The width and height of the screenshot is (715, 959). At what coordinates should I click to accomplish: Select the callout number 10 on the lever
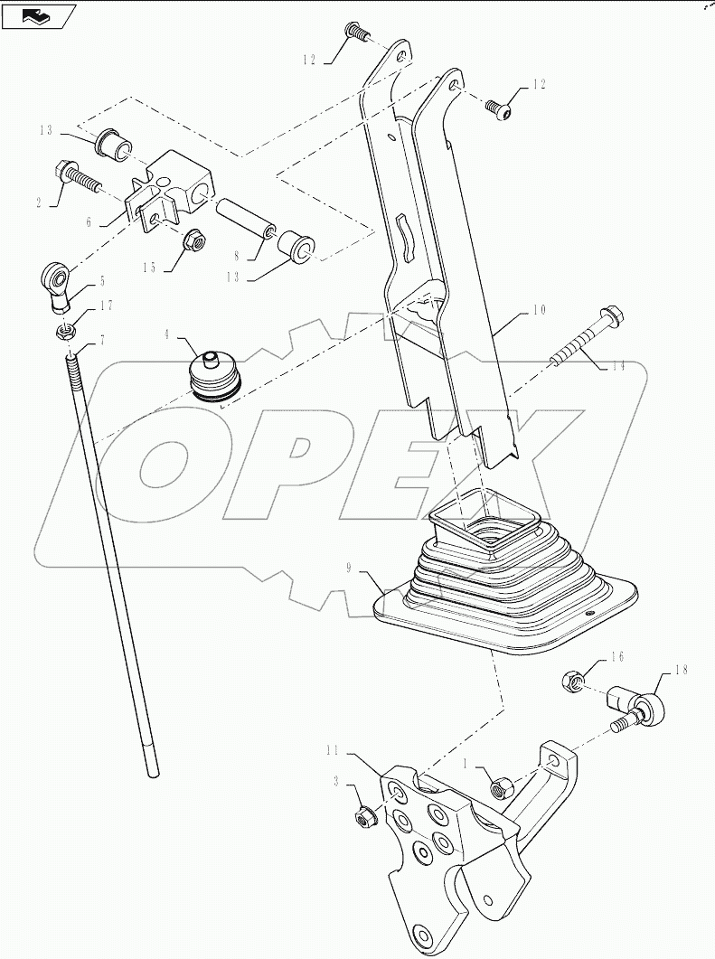coord(539,310)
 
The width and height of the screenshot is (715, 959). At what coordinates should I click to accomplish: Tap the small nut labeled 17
coord(65,332)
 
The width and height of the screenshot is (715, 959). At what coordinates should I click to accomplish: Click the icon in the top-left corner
coord(39,15)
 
